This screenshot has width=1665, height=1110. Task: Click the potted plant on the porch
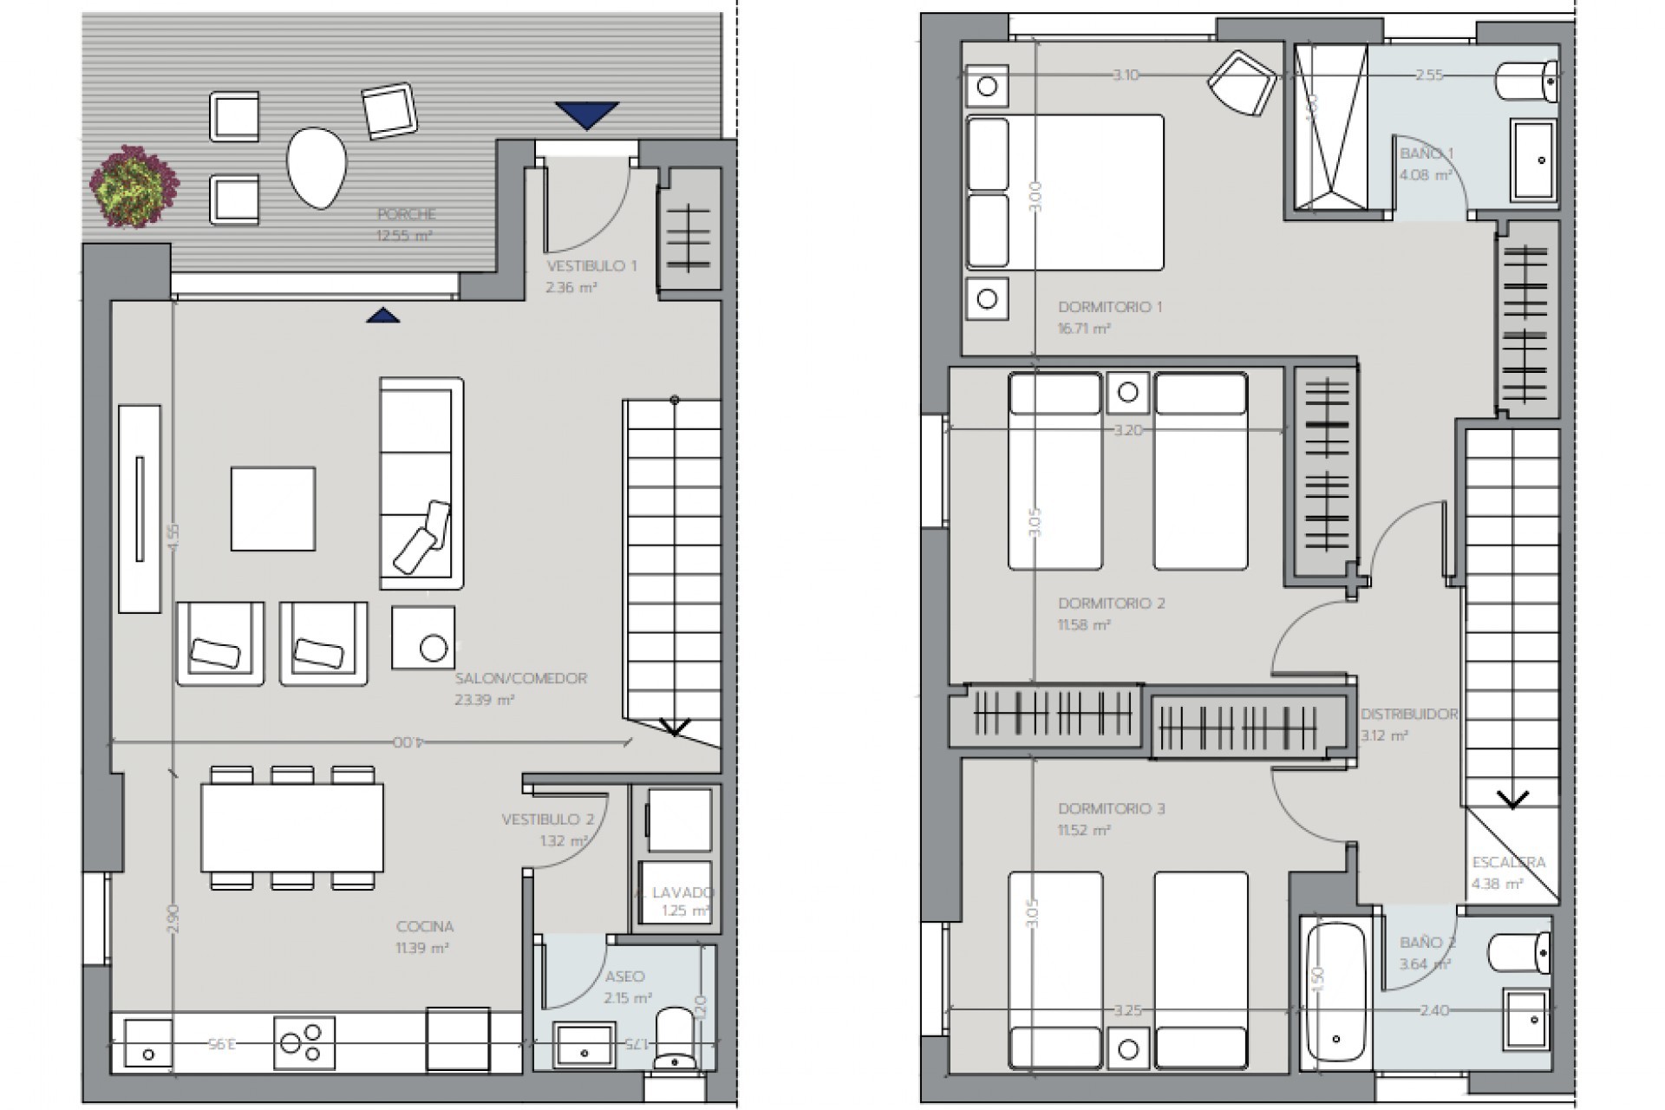134,186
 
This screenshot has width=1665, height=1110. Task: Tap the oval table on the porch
317,167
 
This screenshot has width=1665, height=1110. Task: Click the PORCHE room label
407,214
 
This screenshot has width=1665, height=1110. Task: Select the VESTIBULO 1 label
591,265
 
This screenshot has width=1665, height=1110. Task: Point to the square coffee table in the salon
273,508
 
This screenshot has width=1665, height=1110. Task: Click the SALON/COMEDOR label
521,678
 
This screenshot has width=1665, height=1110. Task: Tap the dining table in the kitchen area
292,827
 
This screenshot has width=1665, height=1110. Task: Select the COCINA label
425,926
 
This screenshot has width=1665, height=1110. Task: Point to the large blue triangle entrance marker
587,114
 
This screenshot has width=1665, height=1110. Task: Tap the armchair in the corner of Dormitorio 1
1242,82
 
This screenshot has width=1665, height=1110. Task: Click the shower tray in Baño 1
1331,127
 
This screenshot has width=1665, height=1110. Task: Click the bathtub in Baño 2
1336,990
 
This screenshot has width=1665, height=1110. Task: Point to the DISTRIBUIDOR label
1409,715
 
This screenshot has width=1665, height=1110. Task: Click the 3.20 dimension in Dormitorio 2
1126,429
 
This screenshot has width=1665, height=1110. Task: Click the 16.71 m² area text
1084,329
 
